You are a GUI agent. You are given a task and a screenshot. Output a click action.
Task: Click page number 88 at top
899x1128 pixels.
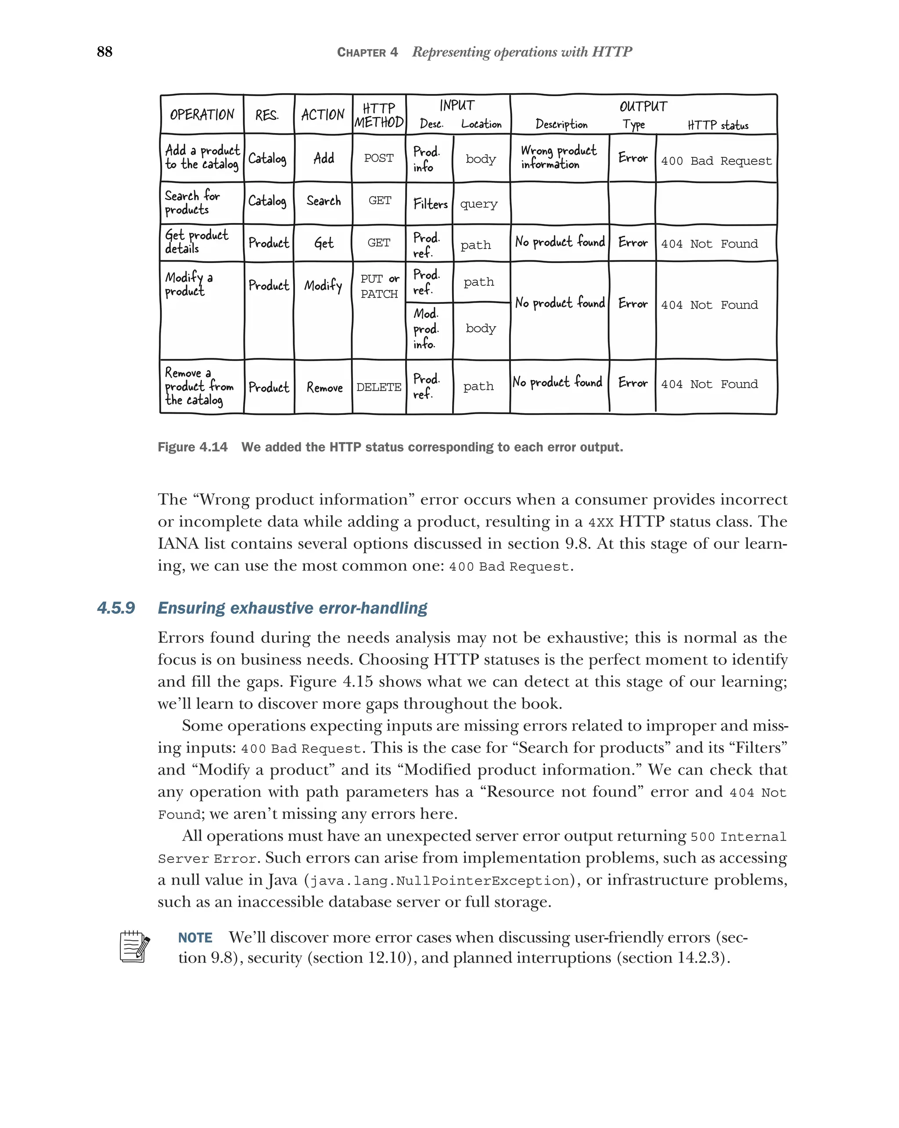pyautogui.click(x=104, y=51)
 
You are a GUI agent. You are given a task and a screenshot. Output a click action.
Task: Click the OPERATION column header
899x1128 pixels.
pyautogui.click(x=202, y=115)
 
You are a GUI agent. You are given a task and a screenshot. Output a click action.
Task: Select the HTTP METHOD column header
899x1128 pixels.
pyautogui.click(x=379, y=115)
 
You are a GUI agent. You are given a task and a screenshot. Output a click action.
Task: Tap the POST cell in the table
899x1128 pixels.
pyautogui.click(x=379, y=158)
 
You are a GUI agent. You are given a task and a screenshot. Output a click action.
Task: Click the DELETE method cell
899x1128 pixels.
pyautogui.click(x=379, y=387)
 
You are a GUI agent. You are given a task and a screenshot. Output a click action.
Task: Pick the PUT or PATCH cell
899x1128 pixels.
pyautogui.click(x=379, y=286)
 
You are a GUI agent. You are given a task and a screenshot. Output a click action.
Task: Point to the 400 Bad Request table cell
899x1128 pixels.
pyautogui.click(x=716, y=161)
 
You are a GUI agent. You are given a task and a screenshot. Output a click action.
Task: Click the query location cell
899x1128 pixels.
pyautogui.click(x=478, y=204)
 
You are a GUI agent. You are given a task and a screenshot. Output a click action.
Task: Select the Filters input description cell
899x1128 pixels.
pyautogui.click(x=430, y=204)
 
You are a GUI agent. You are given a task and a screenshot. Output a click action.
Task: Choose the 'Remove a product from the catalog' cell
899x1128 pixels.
pyautogui.click(x=199, y=387)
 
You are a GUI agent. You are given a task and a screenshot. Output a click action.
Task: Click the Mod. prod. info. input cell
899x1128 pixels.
pyautogui.click(x=426, y=328)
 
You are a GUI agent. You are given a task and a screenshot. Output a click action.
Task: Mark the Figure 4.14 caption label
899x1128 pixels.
pyautogui.click(x=192, y=447)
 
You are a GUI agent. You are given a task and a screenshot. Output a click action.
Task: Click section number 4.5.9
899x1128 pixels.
pyautogui.click(x=116, y=608)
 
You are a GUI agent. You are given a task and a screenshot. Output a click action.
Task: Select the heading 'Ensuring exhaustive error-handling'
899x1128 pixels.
pyautogui.click(x=292, y=608)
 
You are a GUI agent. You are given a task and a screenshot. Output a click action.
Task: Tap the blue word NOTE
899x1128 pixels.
pyautogui.click(x=195, y=937)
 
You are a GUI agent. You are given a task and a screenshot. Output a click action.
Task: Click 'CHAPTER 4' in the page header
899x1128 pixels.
pyautogui.click(x=367, y=52)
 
